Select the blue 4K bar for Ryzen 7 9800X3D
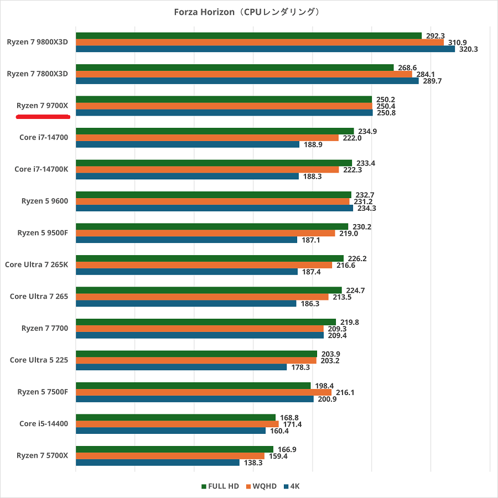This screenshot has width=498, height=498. (x=265, y=49)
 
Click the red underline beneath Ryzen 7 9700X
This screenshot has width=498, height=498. (x=43, y=117)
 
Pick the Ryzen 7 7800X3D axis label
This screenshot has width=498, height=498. (x=37, y=74)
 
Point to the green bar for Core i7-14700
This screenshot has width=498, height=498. (x=215, y=131)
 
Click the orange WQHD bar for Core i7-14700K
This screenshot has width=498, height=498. (x=207, y=170)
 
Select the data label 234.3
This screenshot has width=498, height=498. (x=366, y=208)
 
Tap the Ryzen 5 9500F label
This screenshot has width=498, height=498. (x=43, y=233)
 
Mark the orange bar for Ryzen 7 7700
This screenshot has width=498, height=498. (x=199, y=329)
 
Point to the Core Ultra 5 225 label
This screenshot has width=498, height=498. (x=39, y=360)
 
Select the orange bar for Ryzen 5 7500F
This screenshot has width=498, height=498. (x=203, y=392)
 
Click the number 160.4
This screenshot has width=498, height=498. (x=279, y=430)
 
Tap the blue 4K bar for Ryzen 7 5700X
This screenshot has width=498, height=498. (x=158, y=462)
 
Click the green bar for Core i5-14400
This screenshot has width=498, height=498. (x=175, y=417)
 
